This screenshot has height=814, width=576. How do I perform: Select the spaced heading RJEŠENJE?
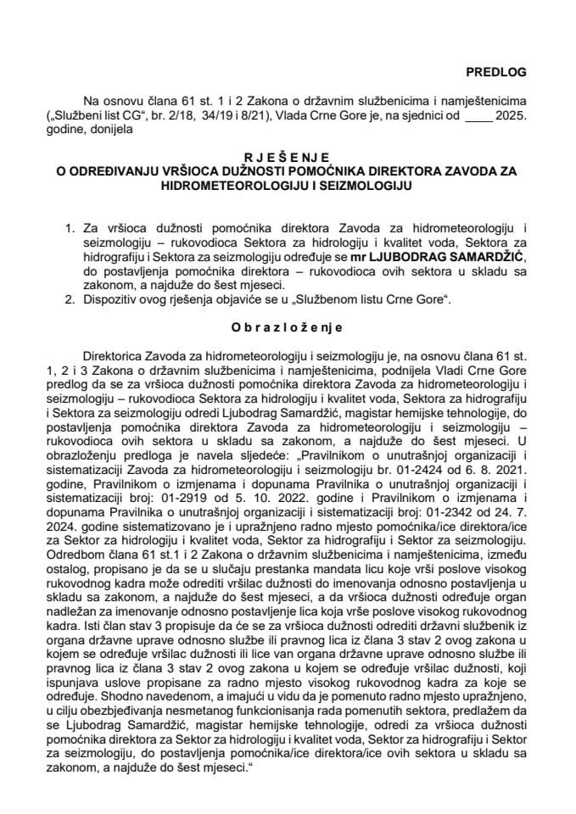[x=288, y=156]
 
